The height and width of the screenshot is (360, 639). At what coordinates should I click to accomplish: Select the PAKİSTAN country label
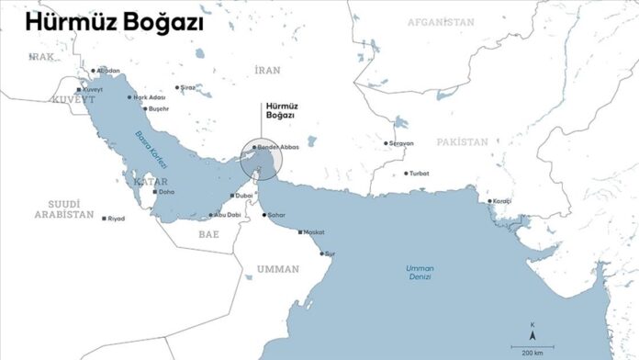[463, 142]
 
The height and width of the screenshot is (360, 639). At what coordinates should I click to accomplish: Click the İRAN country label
[269, 69]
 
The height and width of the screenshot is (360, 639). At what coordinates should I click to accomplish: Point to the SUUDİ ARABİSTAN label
[65, 208]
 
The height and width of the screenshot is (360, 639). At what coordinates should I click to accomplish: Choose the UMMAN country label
[277, 269]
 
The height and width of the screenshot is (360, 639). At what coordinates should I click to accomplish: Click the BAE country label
[208, 234]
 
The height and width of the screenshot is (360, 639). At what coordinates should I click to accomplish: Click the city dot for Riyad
[104, 219]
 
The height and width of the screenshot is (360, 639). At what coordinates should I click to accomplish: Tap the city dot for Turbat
[405, 174]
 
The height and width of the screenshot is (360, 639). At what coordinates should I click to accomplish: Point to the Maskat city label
[314, 232]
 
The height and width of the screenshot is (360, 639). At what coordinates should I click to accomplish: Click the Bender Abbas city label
[279, 147]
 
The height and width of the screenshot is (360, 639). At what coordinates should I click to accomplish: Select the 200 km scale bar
[532, 345]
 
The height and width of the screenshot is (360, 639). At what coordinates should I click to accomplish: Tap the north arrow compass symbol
[532, 329]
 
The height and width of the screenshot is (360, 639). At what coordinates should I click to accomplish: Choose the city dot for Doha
[154, 193]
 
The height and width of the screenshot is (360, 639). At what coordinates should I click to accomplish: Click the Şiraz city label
[187, 87]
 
